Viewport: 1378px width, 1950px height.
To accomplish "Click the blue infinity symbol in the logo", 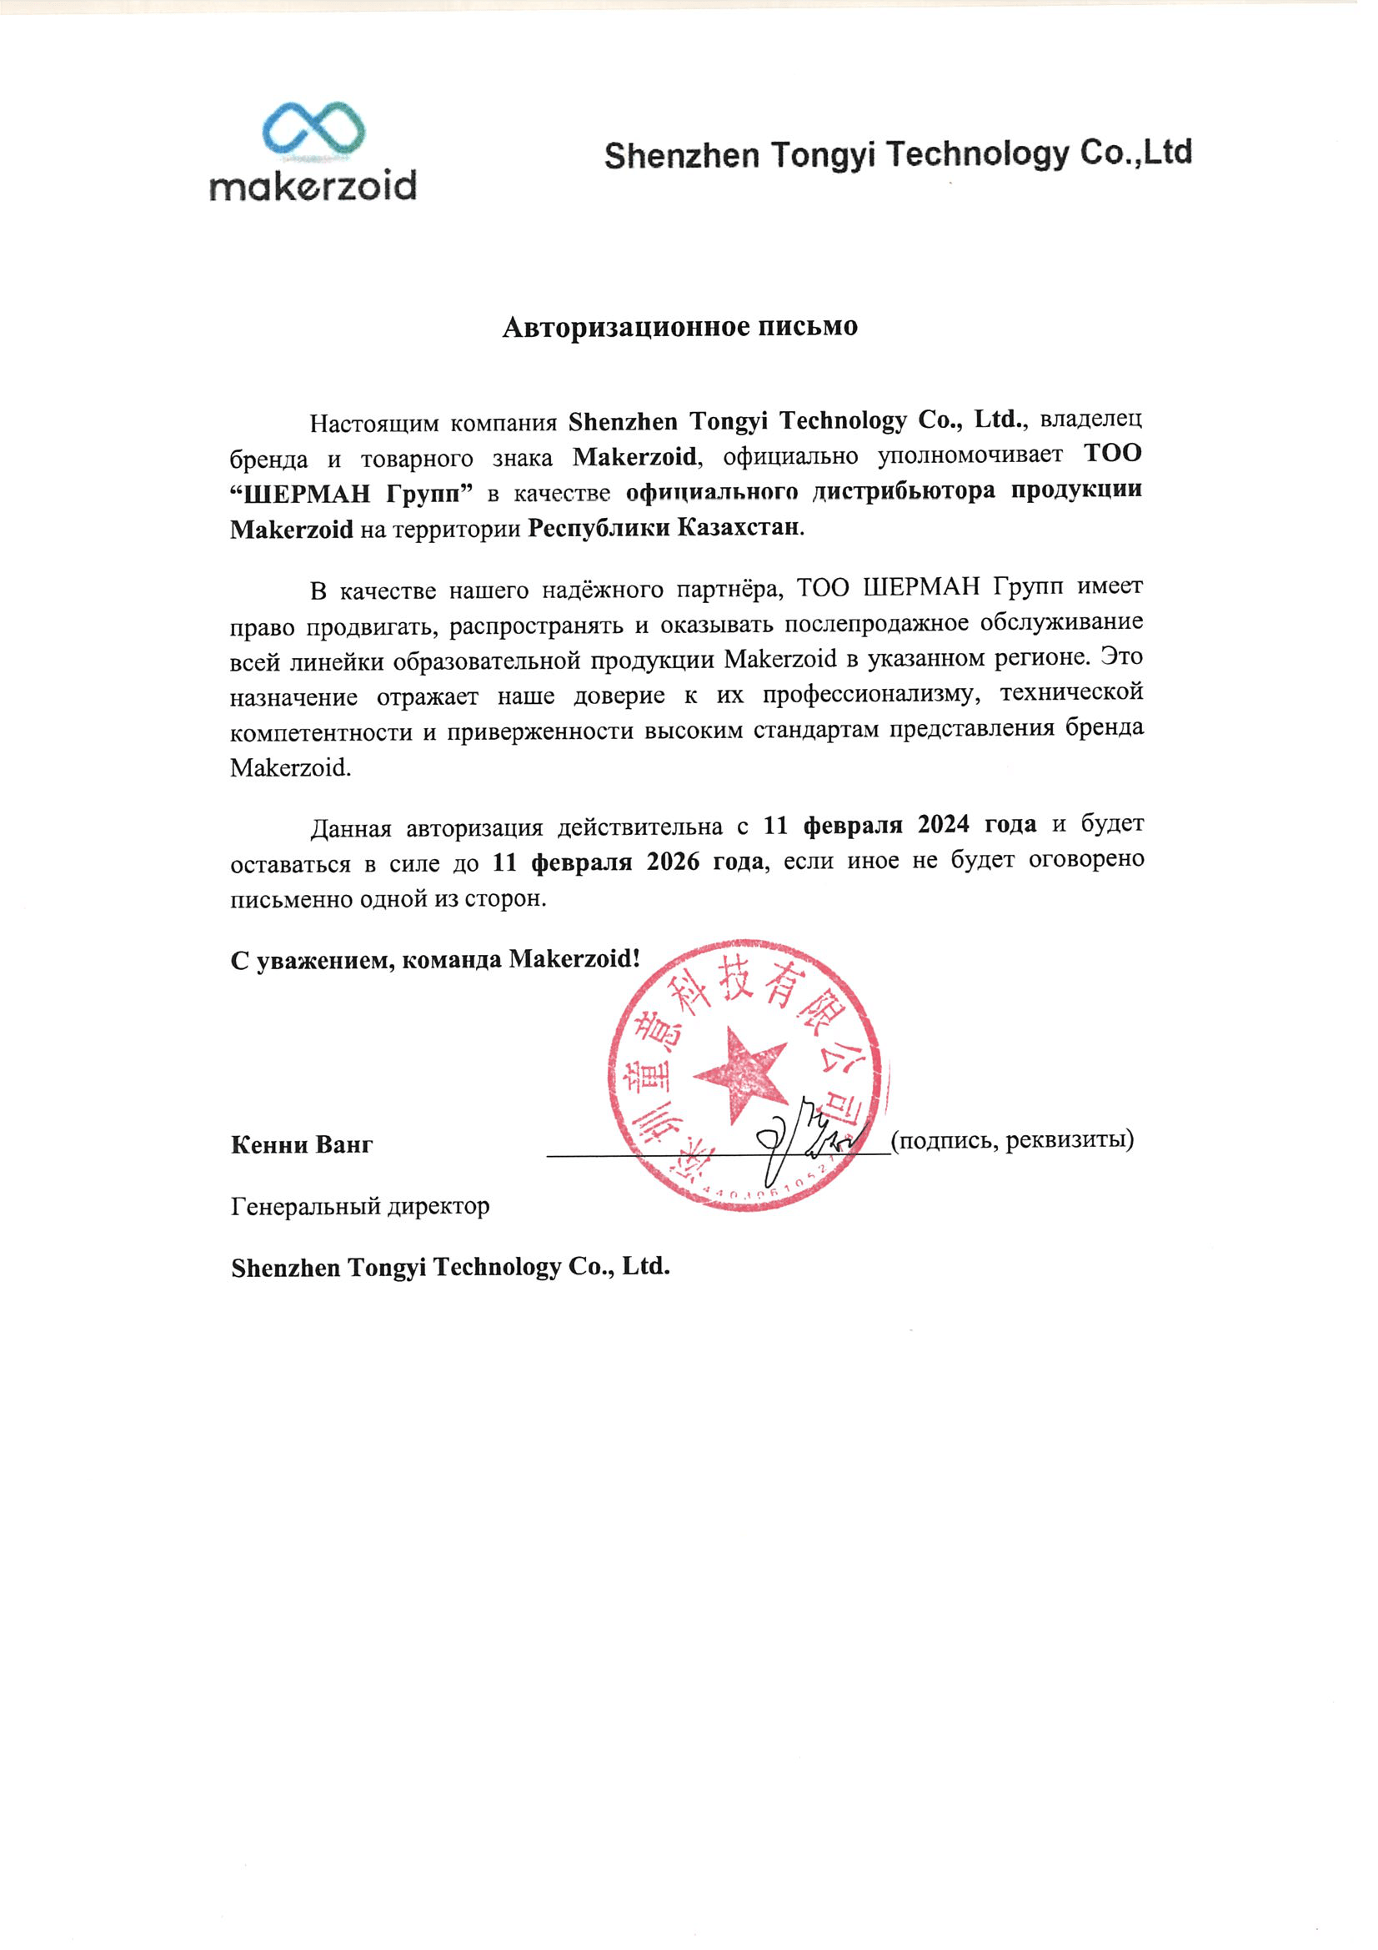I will [313, 131].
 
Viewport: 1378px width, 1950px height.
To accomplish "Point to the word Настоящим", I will [373, 423].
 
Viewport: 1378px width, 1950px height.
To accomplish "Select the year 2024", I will [944, 824].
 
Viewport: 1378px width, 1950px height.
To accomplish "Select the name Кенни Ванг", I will [302, 1145].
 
